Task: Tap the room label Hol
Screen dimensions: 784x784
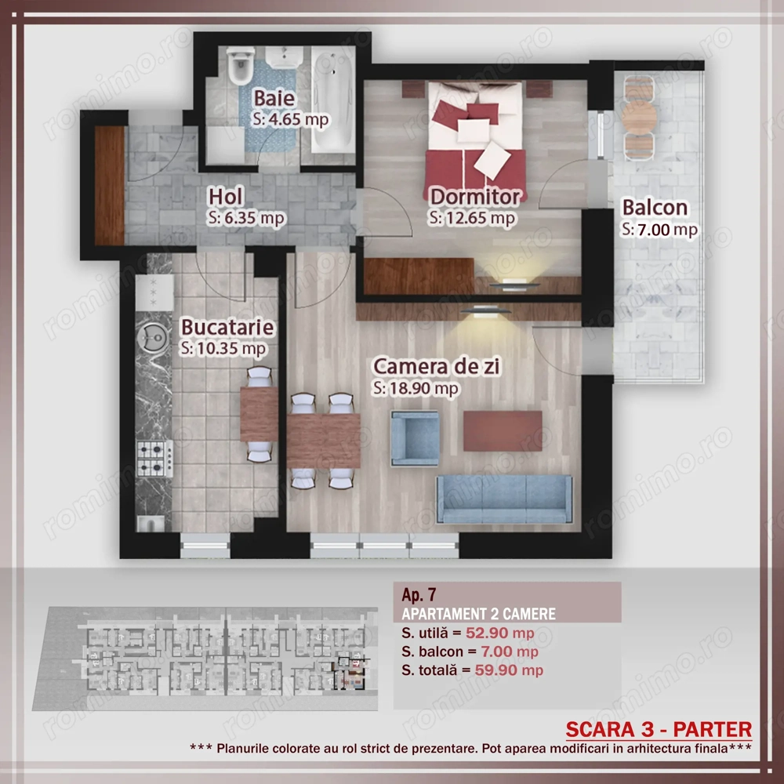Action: pyautogui.click(x=226, y=197)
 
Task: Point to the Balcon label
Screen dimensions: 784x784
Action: pyautogui.click(x=655, y=208)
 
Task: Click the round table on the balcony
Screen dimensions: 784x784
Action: pyautogui.click(x=639, y=118)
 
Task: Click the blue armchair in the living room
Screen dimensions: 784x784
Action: pyautogui.click(x=415, y=438)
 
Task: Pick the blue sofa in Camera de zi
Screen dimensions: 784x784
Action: pyautogui.click(x=504, y=499)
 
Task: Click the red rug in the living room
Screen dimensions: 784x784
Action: pyautogui.click(x=503, y=431)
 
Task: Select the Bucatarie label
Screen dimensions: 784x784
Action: pyautogui.click(x=227, y=327)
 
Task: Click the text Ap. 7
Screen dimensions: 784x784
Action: pyautogui.click(x=419, y=594)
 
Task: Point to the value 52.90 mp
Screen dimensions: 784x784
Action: pyautogui.click(x=500, y=633)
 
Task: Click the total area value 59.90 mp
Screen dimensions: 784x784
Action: pyautogui.click(x=509, y=670)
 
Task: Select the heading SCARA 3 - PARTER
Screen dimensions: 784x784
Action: pyautogui.click(x=659, y=729)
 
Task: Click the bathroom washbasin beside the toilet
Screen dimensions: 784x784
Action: pyautogui.click(x=284, y=56)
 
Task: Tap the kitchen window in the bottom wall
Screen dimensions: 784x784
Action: pyautogui.click(x=205, y=546)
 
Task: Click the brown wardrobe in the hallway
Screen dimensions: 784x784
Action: pyautogui.click(x=110, y=186)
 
